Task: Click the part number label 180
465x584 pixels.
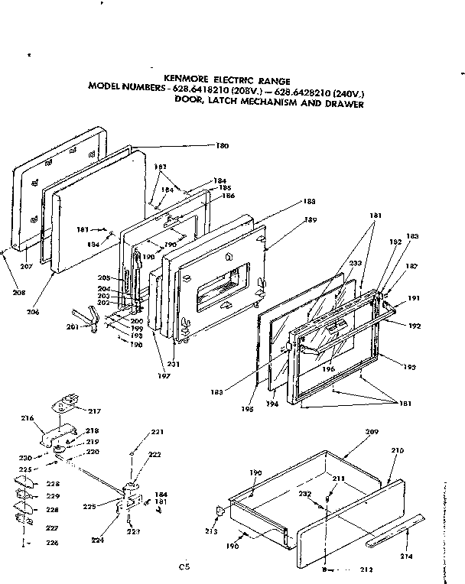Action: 223,145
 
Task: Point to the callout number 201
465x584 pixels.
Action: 73,328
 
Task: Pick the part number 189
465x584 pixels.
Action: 311,219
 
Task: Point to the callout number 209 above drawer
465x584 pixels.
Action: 372,432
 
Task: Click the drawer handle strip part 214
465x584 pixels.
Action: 394,537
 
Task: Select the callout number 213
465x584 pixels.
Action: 212,530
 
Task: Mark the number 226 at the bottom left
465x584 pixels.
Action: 31,543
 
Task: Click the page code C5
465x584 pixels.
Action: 184,566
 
